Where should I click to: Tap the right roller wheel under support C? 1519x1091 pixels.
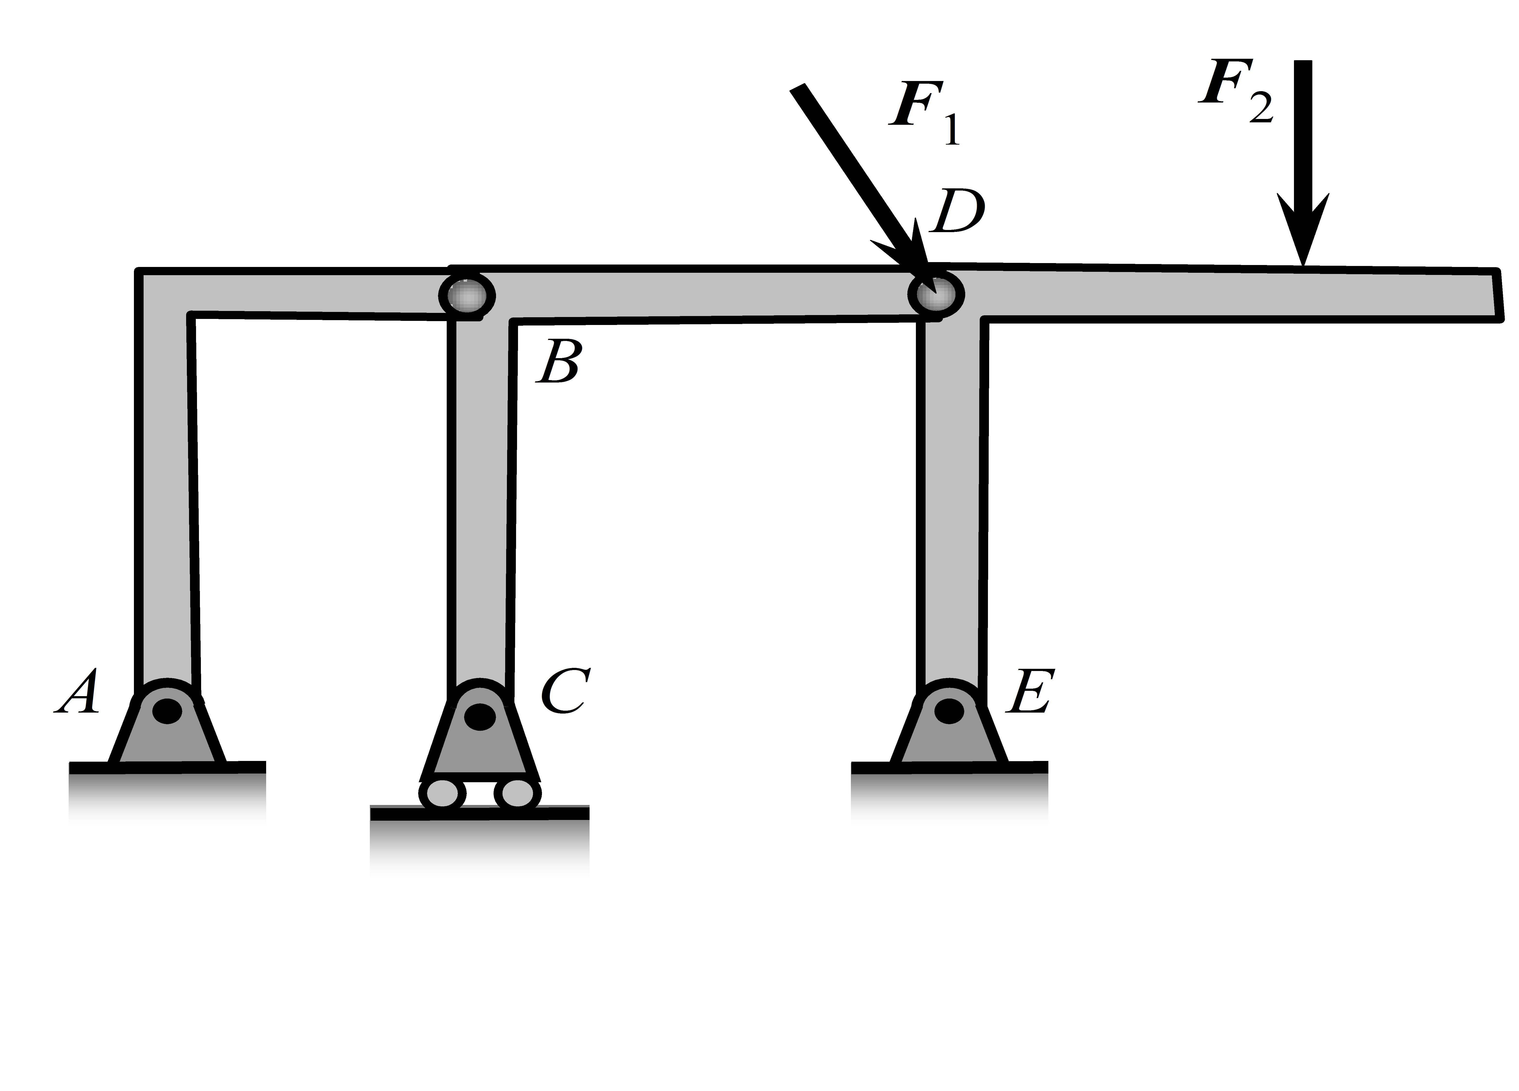tap(517, 793)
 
